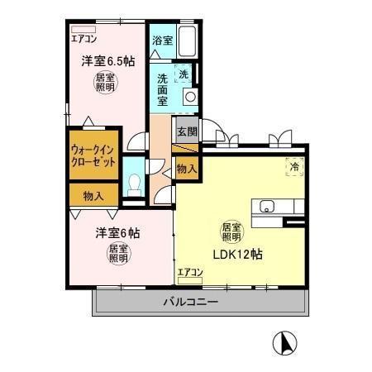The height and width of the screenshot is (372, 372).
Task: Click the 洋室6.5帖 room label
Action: click(109, 60)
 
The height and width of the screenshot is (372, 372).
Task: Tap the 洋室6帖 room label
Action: click(117, 233)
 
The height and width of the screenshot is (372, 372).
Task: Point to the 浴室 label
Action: click(162, 40)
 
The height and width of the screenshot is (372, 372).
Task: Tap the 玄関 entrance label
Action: click(186, 131)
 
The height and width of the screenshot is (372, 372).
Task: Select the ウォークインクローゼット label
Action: click(93, 155)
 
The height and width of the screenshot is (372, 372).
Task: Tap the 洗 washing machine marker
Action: click(184, 73)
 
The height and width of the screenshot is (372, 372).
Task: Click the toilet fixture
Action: click(132, 184)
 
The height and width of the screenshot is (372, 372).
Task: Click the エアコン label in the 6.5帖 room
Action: click(83, 38)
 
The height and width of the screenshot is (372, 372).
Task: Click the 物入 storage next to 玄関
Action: click(186, 168)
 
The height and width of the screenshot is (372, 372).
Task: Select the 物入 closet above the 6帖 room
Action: click(93, 196)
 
